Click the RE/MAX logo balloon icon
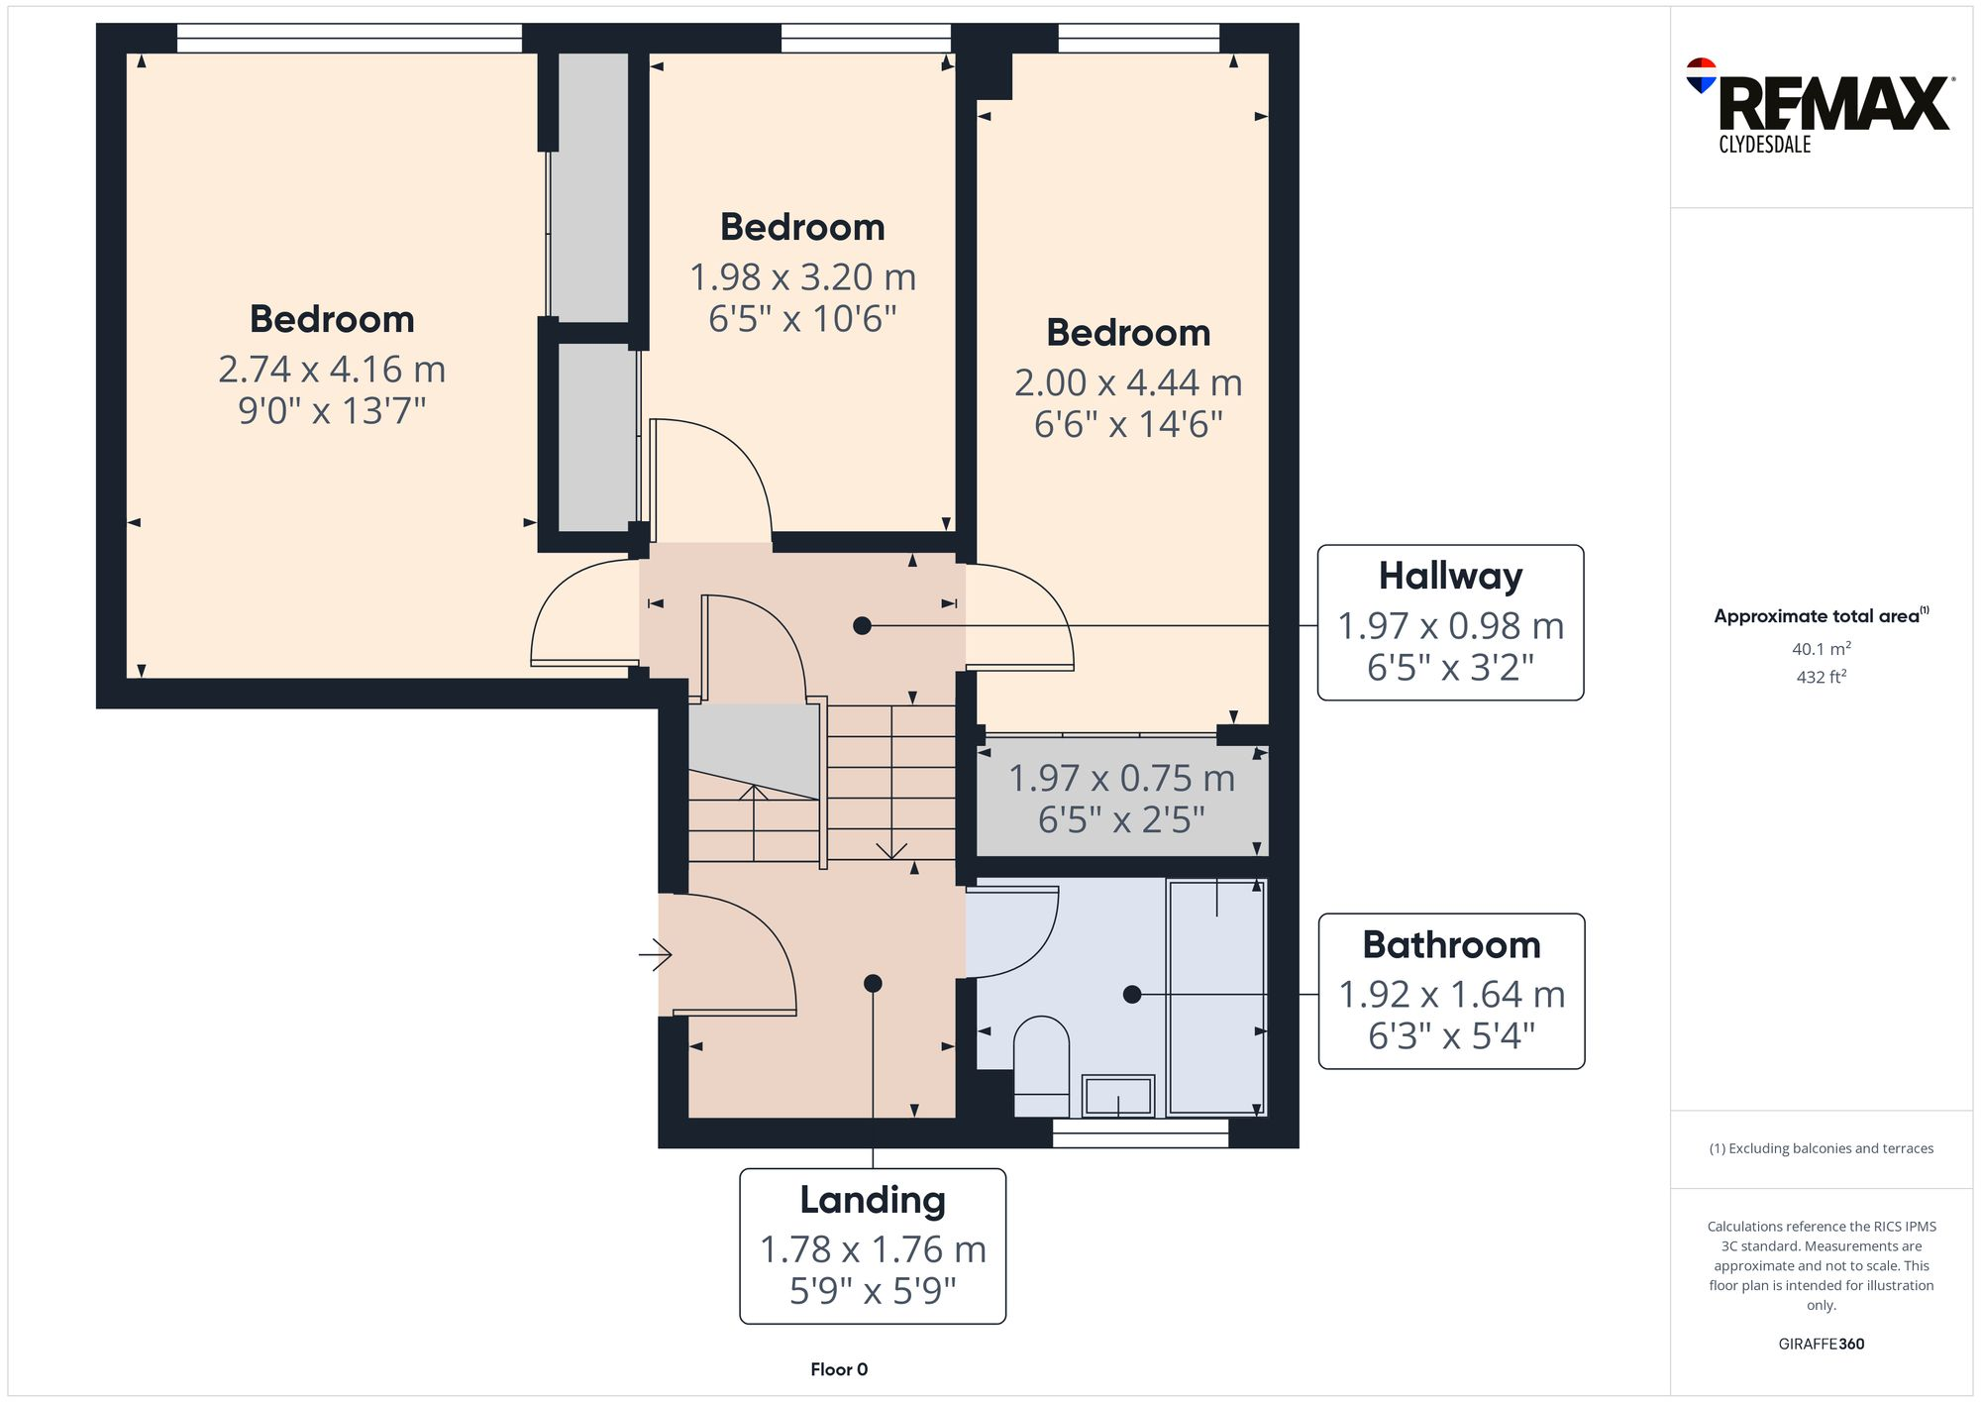(1701, 75)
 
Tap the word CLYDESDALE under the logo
(1764, 145)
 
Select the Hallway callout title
(1450, 576)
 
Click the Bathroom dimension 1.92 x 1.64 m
(1451, 994)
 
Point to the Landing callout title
(873, 1200)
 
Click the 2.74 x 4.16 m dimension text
(332, 369)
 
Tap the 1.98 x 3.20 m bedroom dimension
(802, 276)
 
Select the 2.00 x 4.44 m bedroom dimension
(1127, 381)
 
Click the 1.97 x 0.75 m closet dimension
(1121, 778)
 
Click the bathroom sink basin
(1118, 1096)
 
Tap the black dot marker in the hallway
(862, 625)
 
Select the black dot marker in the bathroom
(1132, 994)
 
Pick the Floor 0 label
(838, 1369)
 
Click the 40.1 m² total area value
(1821, 649)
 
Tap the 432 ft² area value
(1821, 677)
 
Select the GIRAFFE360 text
(1821, 1344)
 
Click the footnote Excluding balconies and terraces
(1821, 1148)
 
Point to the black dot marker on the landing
(873, 983)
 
